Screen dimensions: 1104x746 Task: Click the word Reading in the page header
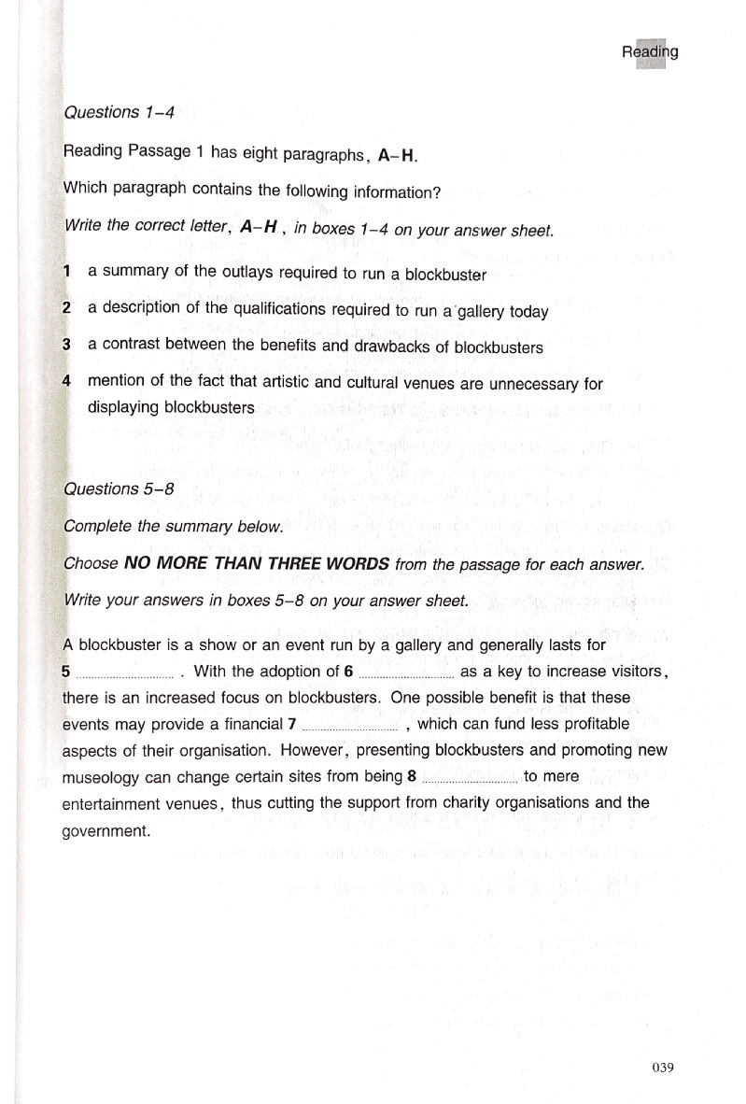coord(650,52)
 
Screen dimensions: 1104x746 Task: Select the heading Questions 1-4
coord(119,112)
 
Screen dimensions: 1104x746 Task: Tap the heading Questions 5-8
coord(119,488)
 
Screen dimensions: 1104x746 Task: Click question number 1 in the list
coord(67,272)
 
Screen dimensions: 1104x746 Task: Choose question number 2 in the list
coord(67,308)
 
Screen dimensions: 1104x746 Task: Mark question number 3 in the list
coord(67,345)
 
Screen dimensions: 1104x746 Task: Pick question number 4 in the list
coord(67,381)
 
